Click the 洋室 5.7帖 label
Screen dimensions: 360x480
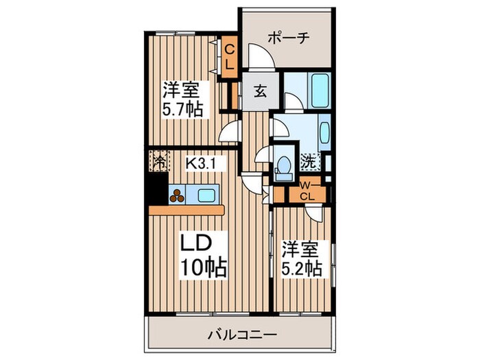pos(182,99)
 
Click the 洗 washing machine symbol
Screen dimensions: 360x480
pos(309,163)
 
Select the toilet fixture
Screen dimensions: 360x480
pos(284,167)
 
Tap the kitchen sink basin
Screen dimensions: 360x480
pos(206,195)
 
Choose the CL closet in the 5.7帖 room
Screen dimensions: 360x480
pos(230,57)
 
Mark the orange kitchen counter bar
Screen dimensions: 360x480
pos(187,210)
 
